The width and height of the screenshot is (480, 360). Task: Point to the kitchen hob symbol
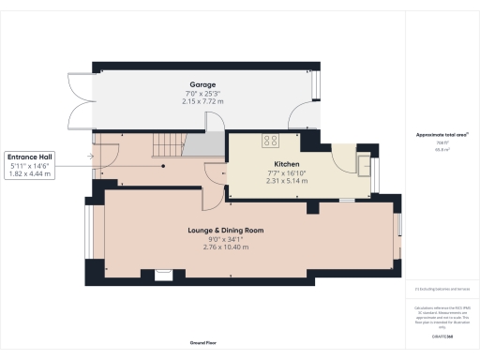[x=271, y=141]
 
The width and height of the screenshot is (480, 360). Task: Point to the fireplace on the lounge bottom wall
[x=164, y=275]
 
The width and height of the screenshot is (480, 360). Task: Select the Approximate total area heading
[x=442, y=134]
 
